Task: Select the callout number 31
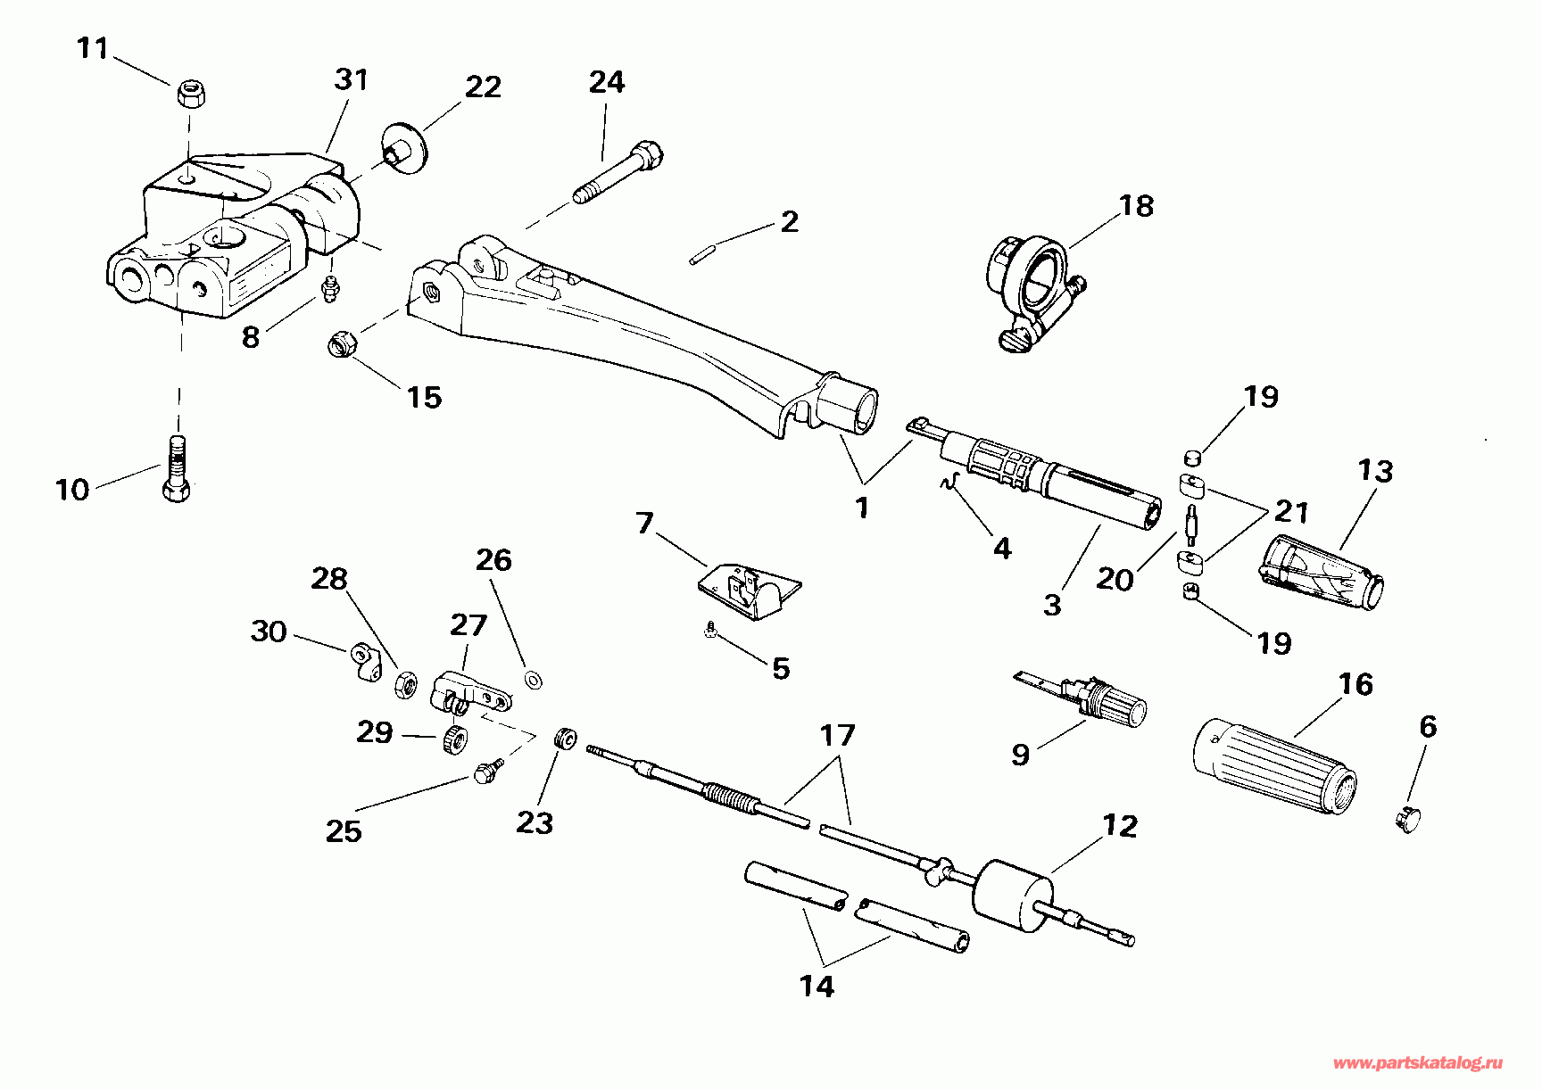(x=351, y=80)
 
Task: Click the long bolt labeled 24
(x=618, y=173)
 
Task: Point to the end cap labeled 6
(x=1408, y=818)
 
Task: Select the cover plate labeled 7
(x=748, y=590)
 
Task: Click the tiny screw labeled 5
(x=709, y=631)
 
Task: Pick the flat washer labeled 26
(x=535, y=681)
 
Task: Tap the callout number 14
(x=817, y=986)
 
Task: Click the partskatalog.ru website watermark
(x=1418, y=1062)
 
